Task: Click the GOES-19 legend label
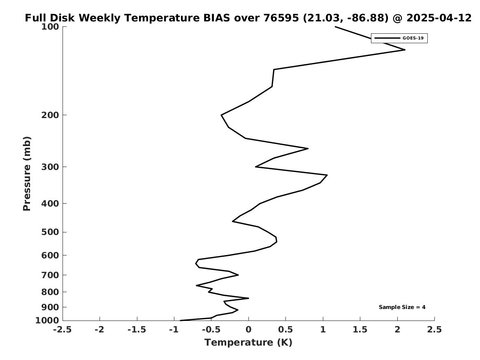[413, 38]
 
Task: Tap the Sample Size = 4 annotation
[402, 307]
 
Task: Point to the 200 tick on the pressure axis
[50, 115]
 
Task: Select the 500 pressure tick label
[50, 232]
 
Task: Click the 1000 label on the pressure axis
[47, 320]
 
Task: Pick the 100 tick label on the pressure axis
[50, 27]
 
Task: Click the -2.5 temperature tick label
[63, 330]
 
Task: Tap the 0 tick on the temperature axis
[248, 330]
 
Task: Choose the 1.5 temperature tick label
[360, 330]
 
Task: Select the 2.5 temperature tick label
[434, 330]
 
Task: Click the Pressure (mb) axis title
[27, 174]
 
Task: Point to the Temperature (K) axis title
[248, 342]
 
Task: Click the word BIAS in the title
[217, 18]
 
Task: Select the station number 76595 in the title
[281, 18]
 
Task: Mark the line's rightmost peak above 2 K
[405, 50]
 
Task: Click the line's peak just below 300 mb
[327, 175]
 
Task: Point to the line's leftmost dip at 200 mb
[221, 115]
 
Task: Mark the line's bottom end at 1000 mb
[181, 321]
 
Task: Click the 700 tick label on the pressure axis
[50, 275]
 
